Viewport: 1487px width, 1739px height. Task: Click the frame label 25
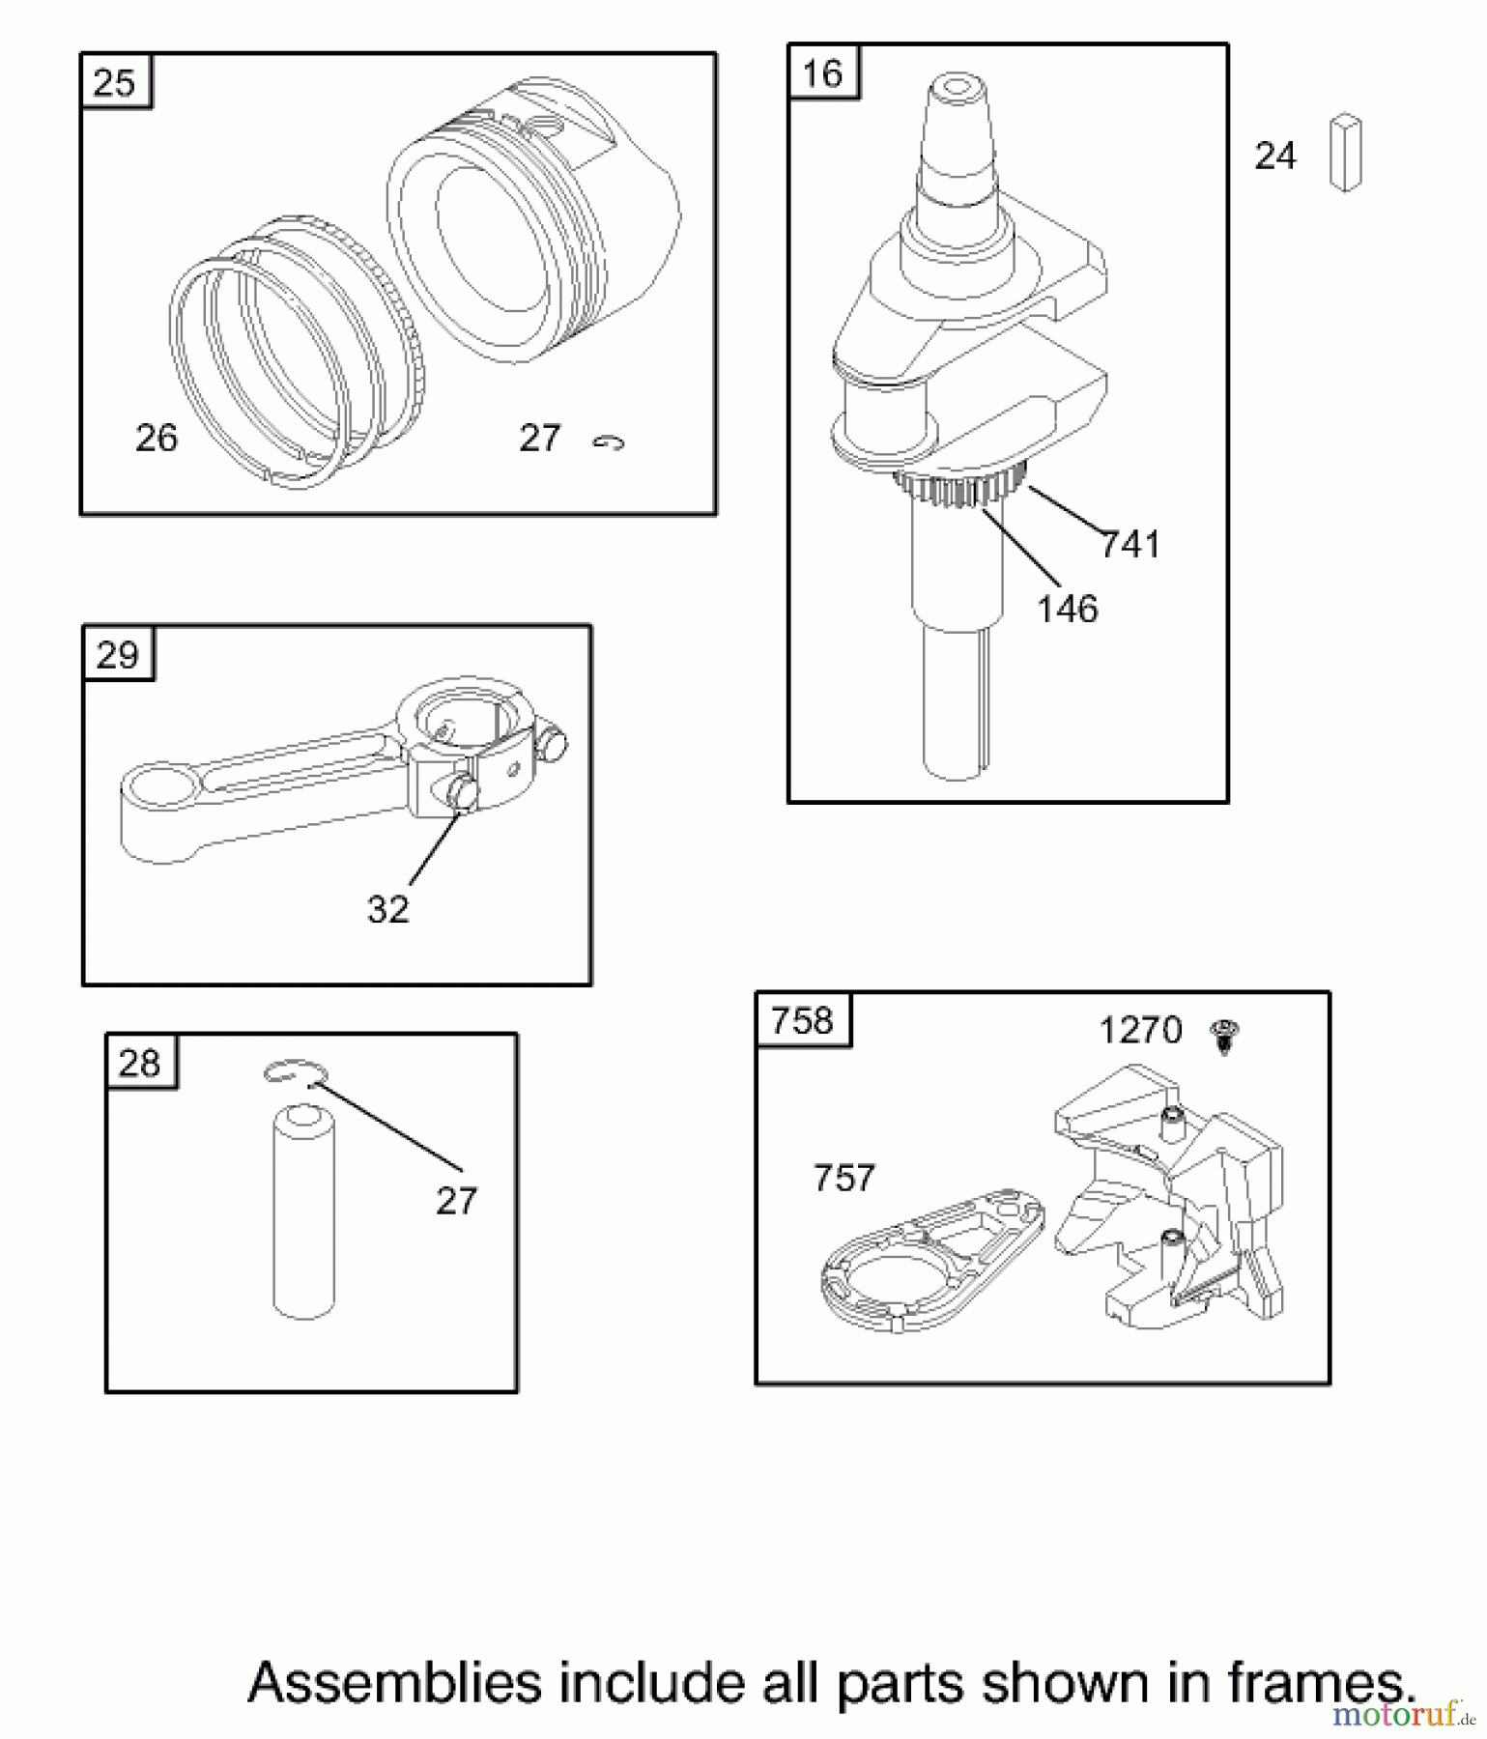(115, 83)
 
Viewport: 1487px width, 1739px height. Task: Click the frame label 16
(823, 73)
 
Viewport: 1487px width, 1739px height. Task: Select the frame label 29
(118, 656)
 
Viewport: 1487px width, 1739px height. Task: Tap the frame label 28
(140, 1064)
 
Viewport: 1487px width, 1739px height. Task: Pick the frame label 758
(803, 1021)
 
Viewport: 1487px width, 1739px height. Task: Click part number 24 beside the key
(1274, 157)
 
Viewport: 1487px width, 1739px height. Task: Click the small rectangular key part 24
(1345, 152)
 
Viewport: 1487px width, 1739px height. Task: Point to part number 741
(1130, 545)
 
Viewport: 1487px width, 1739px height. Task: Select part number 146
(1068, 610)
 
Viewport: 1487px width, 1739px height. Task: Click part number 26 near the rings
(157, 439)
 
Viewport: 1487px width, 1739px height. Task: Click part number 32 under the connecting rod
(388, 909)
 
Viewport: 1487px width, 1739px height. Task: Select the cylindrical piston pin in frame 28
(303, 1213)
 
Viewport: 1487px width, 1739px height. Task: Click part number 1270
(1140, 1031)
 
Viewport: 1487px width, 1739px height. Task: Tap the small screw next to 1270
(1224, 1037)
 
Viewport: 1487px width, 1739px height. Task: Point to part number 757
(844, 1178)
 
